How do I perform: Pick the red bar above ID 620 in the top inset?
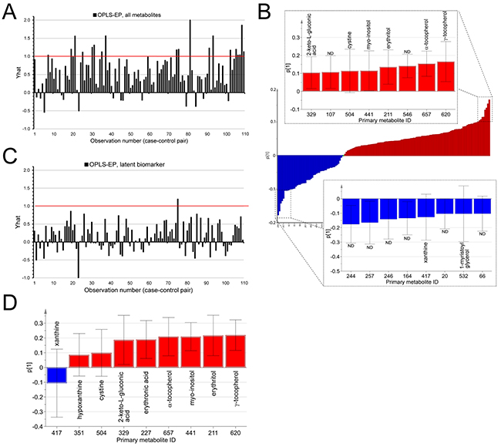(x=446, y=76)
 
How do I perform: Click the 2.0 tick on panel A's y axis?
(x=27, y=20)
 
